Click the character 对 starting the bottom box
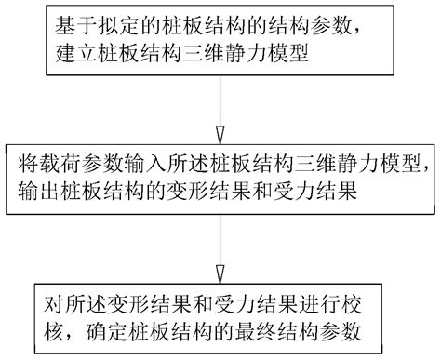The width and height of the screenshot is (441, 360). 52,303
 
